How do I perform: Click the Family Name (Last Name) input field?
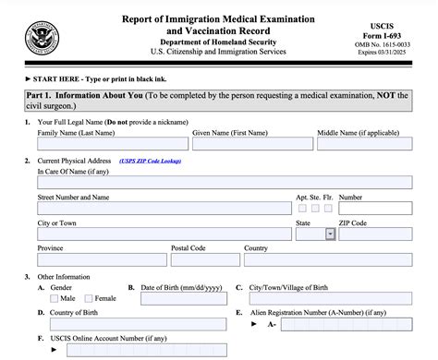point(111,145)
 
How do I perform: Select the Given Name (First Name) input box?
point(249,145)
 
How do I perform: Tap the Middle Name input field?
point(365,145)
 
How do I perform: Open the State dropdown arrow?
point(331,234)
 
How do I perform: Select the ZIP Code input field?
point(375,234)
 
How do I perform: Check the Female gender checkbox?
point(90,298)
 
